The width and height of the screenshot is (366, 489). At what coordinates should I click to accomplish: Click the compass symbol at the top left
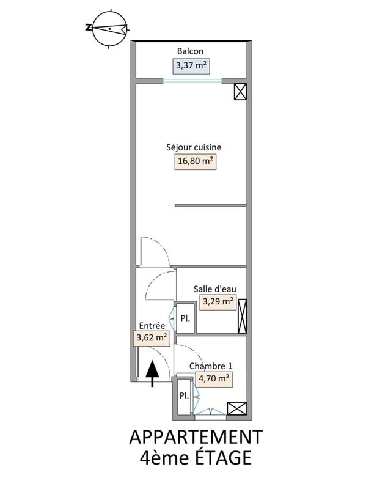pos(109,28)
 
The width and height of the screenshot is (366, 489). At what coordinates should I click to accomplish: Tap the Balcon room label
pos(190,51)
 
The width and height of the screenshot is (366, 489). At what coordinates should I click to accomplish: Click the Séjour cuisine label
pos(194,147)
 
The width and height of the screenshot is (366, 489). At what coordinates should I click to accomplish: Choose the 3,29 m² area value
pos(218,301)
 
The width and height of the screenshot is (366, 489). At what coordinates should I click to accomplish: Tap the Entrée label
pos(152,326)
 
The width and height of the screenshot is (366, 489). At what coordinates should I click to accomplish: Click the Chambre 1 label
pos(210,366)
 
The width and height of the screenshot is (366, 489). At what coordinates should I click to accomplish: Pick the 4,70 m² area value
pos(214,378)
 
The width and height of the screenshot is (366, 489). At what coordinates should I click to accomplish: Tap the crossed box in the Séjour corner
pos(241,92)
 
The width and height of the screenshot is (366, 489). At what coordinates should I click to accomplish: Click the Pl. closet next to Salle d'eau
pos(185,318)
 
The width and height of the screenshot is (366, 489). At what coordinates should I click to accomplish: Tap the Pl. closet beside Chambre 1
pos(183,395)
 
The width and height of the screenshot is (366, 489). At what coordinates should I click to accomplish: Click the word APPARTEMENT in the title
pos(196,437)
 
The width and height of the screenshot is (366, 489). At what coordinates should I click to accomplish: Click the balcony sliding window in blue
pos(192,80)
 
